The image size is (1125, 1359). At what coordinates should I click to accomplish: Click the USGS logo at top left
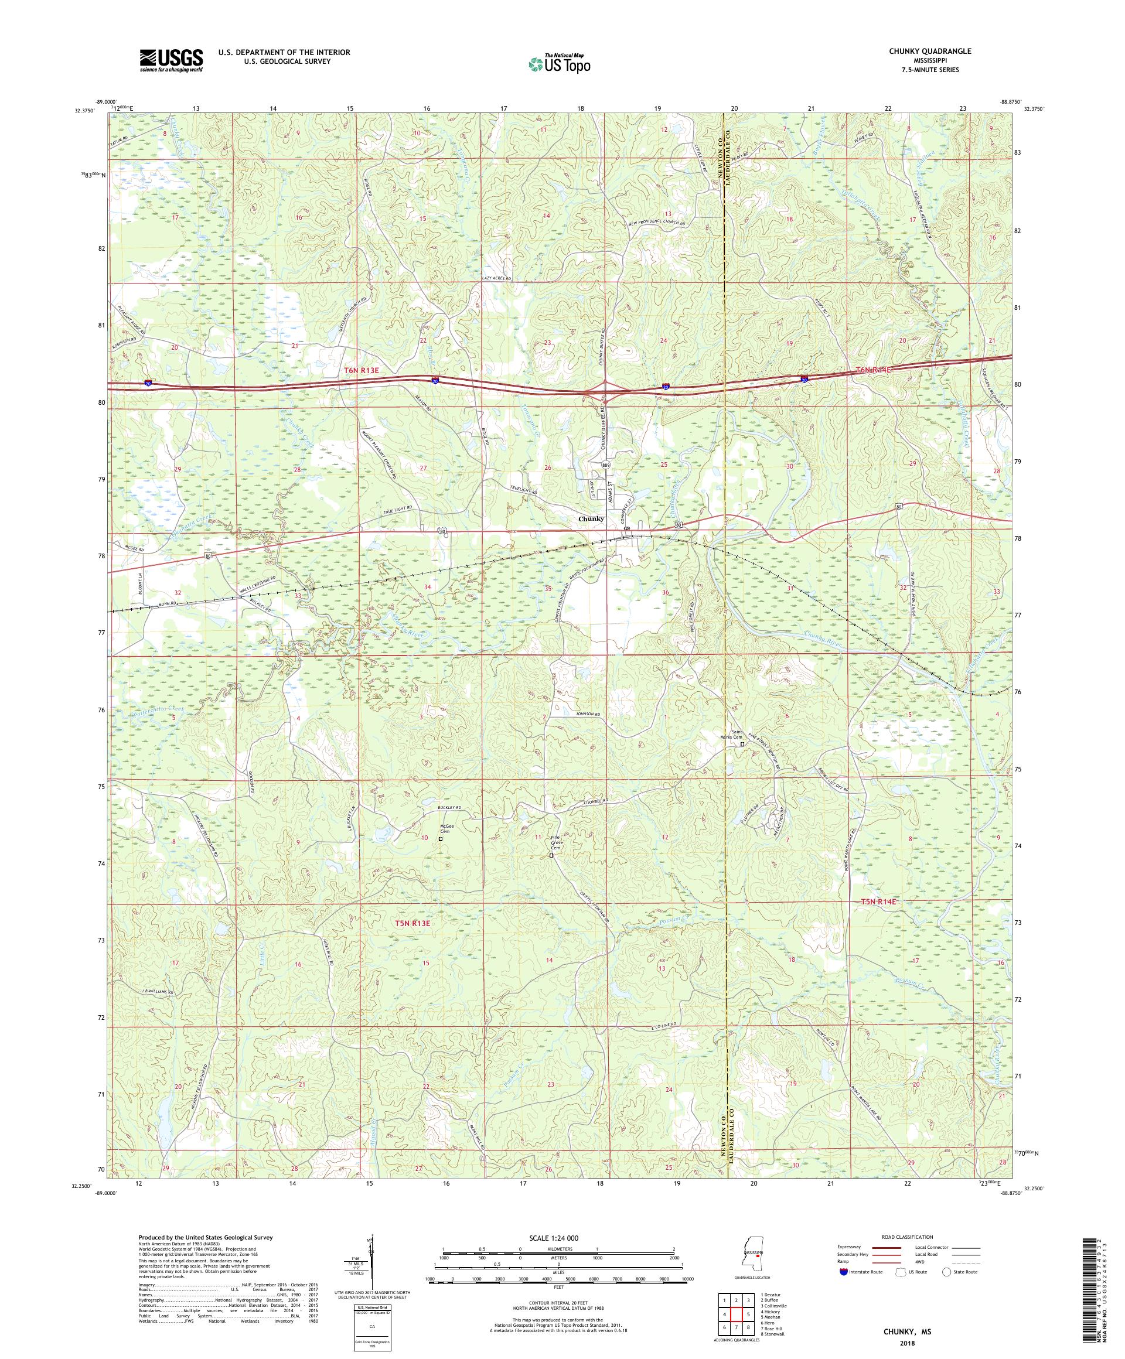[171, 60]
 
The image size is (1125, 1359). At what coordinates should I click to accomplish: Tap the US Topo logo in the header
[560, 63]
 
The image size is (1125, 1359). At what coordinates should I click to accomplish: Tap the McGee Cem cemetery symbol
[441, 839]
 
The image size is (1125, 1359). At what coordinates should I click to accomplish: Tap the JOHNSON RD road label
[588, 715]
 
